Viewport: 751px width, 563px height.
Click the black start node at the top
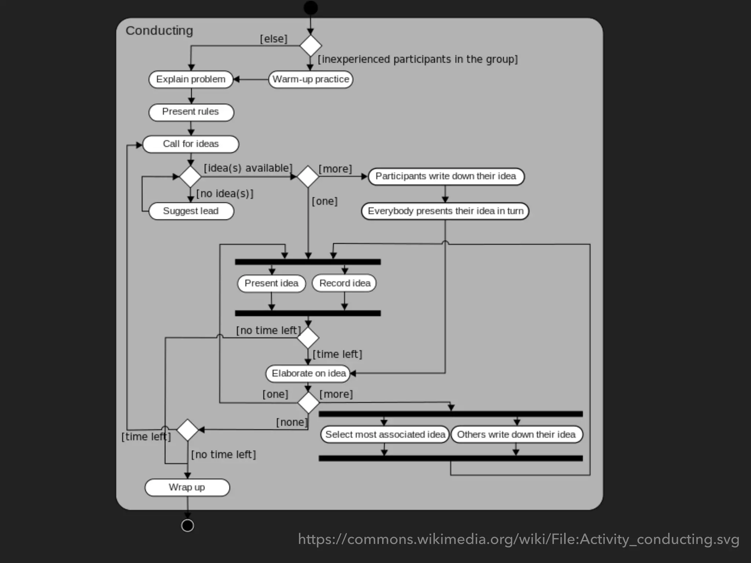[311, 8]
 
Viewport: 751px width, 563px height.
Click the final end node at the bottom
[187, 525]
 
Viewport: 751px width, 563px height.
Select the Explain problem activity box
[191, 79]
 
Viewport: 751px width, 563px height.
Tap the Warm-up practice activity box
[311, 79]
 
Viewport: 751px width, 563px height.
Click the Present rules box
[191, 112]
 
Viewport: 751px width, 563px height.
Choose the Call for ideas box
[191, 144]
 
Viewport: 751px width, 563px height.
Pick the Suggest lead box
[191, 211]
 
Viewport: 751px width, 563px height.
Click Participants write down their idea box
[446, 176]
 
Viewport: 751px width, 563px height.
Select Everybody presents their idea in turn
[445, 211]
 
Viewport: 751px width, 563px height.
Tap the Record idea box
[344, 283]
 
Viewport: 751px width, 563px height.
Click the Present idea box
[271, 283]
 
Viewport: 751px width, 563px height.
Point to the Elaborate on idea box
[308, 374]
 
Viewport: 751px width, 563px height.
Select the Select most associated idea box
[385, 434]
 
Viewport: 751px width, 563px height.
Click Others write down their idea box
[516, 434]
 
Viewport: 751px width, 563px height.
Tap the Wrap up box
[187, 487]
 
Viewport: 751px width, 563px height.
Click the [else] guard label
[274, 39]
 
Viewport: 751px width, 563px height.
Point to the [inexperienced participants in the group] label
[417, 59]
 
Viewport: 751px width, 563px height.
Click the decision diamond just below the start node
[311, 46]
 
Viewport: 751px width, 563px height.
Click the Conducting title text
[159, 31]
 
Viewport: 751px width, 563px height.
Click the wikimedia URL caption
[519, 539]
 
